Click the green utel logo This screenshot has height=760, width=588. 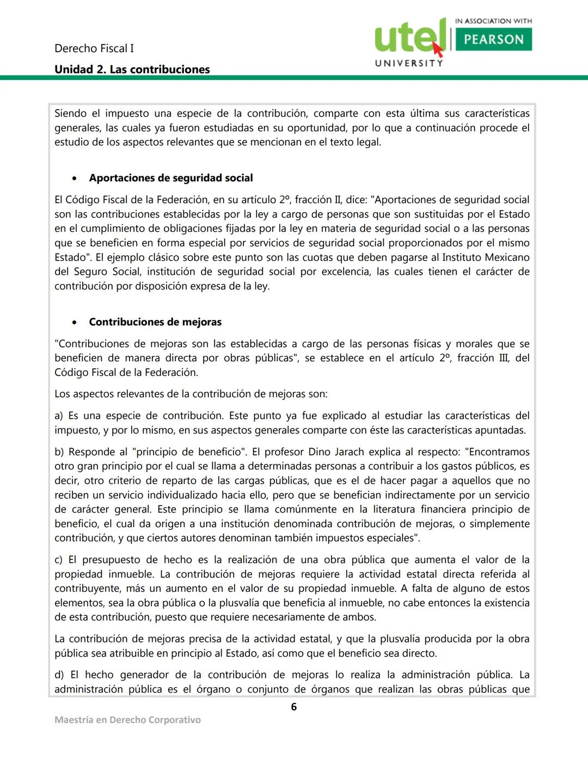(x=409, y=37)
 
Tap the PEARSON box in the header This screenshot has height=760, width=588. (x=493, y=40)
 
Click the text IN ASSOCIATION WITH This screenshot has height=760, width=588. (x=493, y=21)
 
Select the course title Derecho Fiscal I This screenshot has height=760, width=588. (x=94, y=48)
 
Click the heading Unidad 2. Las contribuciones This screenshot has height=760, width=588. (x=132, y=70)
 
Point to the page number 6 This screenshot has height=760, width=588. (x=294, y=707)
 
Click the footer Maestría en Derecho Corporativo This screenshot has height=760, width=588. (x=127, y=720)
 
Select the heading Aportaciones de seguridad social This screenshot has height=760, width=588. (x=171, y=178)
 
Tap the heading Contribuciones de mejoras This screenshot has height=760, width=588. (x=155, y=322)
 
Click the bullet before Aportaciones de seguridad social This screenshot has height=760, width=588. (x=75, y=178)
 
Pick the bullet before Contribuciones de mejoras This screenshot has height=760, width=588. (x=75, y=323)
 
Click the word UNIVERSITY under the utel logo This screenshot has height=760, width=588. (x=409, y=63)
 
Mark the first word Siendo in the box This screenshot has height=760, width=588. (x=70, y=114)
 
